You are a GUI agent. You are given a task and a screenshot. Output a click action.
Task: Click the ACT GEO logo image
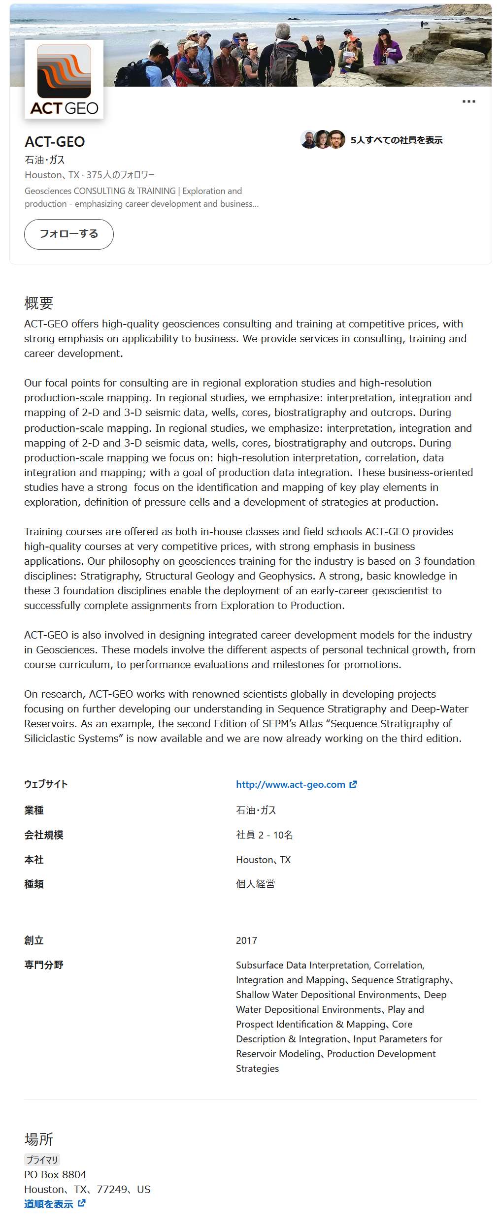[64, 79]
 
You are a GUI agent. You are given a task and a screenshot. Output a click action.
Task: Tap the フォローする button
[69, 234]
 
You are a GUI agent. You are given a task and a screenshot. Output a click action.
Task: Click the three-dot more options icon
[468, 101]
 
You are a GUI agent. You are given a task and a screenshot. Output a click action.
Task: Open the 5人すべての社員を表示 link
[396, 140]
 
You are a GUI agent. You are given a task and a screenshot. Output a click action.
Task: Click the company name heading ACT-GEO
[55, 142]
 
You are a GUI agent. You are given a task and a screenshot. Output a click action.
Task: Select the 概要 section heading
[38, 303]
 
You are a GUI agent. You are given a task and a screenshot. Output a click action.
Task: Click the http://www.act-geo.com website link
[291, 784]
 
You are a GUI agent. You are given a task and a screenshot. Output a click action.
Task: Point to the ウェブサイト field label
[46, 784]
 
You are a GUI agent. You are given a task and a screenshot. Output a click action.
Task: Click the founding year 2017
[246, 940]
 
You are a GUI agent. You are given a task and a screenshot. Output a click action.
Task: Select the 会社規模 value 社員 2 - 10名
[265, 835]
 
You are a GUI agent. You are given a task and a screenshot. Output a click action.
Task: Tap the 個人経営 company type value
[255, 884]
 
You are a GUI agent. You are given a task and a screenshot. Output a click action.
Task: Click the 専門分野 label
[44, 965]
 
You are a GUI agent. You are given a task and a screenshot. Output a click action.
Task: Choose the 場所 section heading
[39, 1139]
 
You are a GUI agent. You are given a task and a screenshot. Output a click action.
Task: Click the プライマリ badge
[42, 1160]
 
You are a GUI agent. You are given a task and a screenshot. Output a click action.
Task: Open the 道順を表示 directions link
[49, 1204]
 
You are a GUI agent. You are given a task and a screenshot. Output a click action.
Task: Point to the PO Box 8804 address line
[55, 1174]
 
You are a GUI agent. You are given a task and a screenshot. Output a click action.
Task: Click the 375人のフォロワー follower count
[120, 175]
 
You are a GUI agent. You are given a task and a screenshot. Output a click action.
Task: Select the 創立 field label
[34, 940]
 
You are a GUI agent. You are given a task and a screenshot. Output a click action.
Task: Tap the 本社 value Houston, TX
[263, 860]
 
